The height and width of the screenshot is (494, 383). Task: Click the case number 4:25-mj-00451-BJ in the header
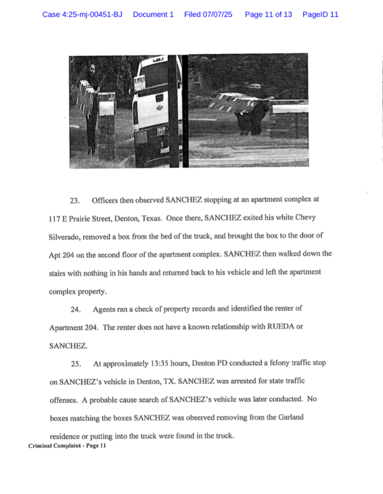[x=82, y=14]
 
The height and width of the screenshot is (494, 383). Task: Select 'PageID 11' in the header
[x=320, y=14]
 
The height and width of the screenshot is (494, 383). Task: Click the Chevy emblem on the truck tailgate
[x=159, y=107]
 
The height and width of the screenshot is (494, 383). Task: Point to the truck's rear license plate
[x=161, y=131]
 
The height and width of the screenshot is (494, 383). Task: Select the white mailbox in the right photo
[x=290, y=109]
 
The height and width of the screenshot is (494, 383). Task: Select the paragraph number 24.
[x=76, y=310]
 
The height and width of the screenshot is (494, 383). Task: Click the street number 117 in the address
[x=55, y=219]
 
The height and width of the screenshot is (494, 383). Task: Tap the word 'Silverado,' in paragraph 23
[x=64, y=237]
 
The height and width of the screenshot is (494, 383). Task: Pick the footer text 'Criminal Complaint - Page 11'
[x=68, y=446]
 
